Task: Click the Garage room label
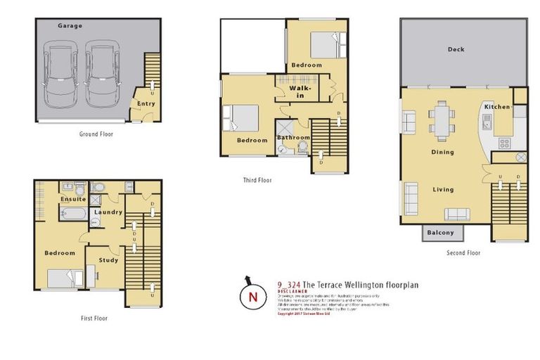[70, 26]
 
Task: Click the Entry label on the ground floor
[146, 104]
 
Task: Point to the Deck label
[456, 50]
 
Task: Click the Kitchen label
[496, 107]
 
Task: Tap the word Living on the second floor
[443, 190]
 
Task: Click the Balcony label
[441, 233]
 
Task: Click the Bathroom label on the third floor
[293, 138]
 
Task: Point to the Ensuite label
[73, 199]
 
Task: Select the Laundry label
[108, 212]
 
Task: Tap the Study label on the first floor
[108, 259]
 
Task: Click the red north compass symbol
[252, 297]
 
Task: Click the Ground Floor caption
[96, 134]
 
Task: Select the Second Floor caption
[463, 253]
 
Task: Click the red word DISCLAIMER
[291, 290]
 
